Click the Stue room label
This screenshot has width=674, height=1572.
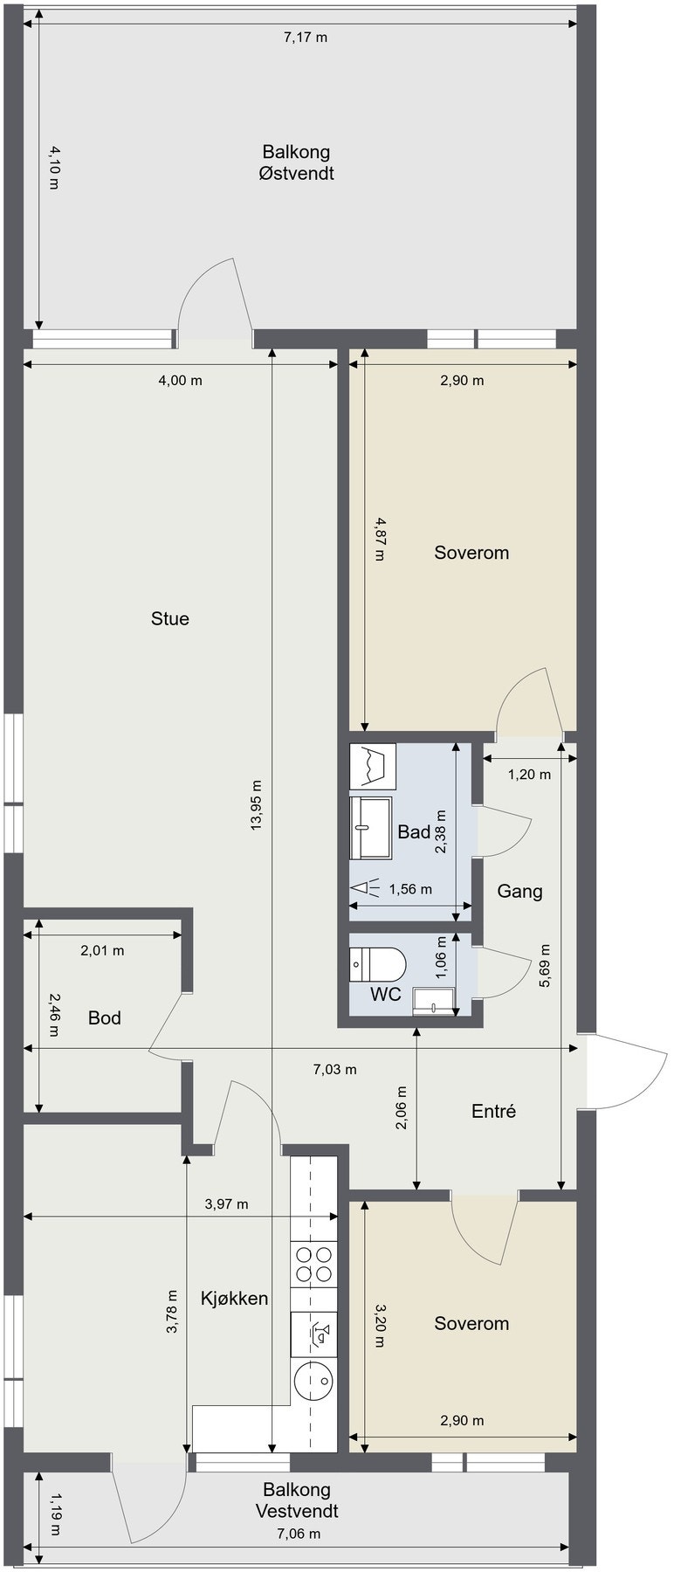pos(170,619)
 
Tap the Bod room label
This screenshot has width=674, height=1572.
pos(105,1018)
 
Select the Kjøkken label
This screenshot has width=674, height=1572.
pos(234,1299)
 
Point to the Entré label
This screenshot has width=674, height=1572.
pos(493,1112)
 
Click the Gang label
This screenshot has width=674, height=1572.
pos(519,892)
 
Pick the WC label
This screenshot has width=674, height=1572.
pos(385,995)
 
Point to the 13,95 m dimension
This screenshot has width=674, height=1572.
pos(256,805)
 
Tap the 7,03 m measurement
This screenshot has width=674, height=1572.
pos(335,1070)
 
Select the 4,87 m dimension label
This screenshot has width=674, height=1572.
pos(379,540)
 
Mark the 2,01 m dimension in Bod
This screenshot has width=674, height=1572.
pos(102,951)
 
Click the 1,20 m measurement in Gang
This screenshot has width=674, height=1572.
pos(530,774)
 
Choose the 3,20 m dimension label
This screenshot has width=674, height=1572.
pos(379,1326)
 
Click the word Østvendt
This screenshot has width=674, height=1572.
pos(296,173)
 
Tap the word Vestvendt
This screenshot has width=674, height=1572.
pos(297,1511)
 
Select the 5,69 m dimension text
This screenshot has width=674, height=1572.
pos(545,966)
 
